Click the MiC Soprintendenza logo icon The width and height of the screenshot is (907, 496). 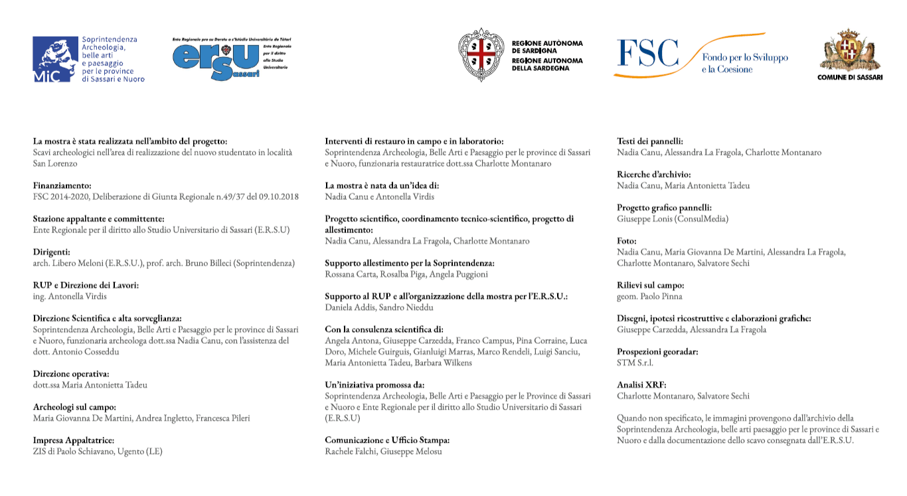55,59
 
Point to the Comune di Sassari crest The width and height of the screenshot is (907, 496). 850,50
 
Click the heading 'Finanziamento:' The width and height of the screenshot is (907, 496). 62,186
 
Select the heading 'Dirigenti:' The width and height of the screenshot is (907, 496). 51,252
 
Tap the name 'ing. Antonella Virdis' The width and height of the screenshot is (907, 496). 70,296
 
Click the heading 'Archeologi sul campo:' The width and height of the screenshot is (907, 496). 74,407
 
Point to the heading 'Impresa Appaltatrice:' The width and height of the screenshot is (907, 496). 74,440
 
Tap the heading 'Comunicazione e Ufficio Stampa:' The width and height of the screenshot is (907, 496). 387,440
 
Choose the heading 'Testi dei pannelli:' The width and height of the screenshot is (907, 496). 649,141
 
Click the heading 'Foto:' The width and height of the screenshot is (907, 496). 627,241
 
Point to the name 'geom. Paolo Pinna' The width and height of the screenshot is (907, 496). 649,296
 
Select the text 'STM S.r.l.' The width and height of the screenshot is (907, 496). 635,363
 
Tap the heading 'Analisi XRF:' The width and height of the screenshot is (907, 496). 641,385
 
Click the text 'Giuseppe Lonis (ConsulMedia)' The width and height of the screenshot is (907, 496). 673,218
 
